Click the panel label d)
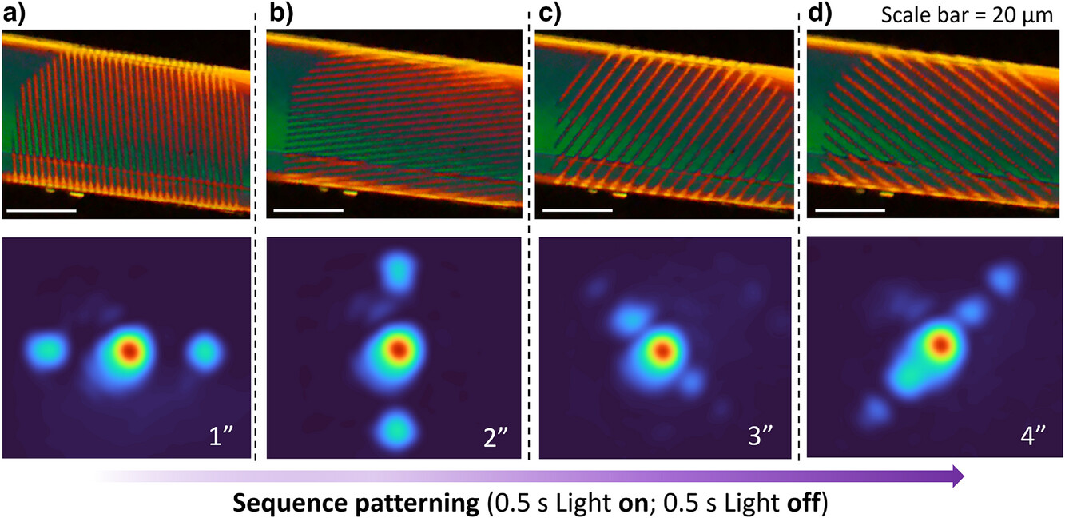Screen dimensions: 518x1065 (820, 15)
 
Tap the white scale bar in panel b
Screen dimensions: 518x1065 (308, 211)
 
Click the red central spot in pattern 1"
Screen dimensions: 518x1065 (129, 350)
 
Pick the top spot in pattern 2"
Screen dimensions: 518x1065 (397, 272)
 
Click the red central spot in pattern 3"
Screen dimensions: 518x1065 (662, 350)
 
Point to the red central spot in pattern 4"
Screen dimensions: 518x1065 (941, 344)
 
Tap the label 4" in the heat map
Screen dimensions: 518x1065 (1035, 437)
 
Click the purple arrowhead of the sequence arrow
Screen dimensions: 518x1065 (956, 476)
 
